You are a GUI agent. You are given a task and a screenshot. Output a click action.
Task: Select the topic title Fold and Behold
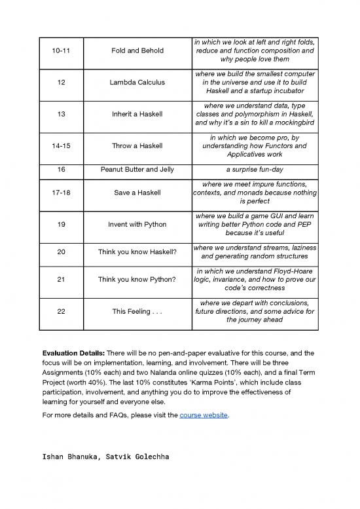137,50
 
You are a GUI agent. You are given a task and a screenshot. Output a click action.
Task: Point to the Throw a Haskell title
137,146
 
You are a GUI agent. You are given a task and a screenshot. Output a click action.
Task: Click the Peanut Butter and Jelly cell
137,170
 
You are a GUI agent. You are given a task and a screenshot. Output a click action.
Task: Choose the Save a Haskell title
137,193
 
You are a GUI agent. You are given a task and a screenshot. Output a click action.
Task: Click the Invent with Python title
137,225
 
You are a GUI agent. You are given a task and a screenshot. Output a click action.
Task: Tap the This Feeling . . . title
137,312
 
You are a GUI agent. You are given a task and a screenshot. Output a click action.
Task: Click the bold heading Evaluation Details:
73,352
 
